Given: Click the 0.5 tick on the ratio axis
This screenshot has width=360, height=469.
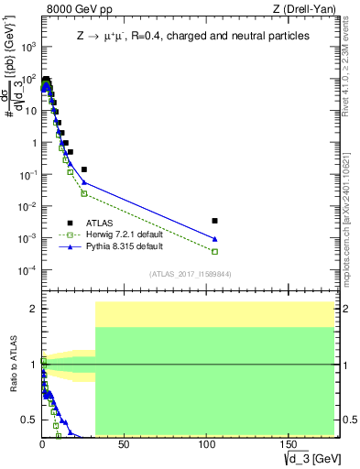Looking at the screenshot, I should (29, 420).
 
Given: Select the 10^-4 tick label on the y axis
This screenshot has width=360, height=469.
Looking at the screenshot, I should (26, 270).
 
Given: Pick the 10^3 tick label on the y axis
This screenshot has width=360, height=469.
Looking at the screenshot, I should (27, 47).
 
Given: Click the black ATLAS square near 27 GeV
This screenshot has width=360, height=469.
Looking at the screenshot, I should (84, 169).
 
